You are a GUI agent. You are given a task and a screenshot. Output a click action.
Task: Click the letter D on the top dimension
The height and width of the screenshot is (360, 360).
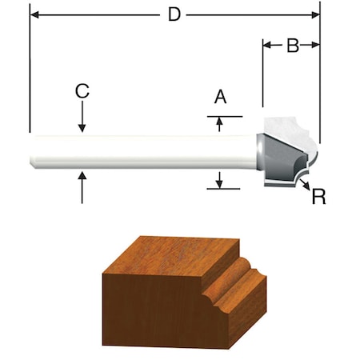(x=174, y=14)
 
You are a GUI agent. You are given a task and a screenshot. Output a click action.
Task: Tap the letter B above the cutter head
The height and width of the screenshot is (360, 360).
(x=292, y=46)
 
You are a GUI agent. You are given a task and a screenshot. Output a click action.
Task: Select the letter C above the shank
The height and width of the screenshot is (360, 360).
(x=82, y=90)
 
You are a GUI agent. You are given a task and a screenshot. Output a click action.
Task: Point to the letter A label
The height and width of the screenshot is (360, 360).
(x=221, y=97)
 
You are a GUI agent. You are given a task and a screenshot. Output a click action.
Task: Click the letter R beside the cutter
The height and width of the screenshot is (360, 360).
(x=318, y=196)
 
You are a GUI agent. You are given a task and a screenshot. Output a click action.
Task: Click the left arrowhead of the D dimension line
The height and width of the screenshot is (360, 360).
(x=34, y=14)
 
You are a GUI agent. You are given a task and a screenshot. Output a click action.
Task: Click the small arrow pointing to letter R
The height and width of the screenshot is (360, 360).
(x=306, y=185)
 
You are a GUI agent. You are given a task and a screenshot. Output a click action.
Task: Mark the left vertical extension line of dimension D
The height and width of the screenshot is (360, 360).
(x=29, y=72)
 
